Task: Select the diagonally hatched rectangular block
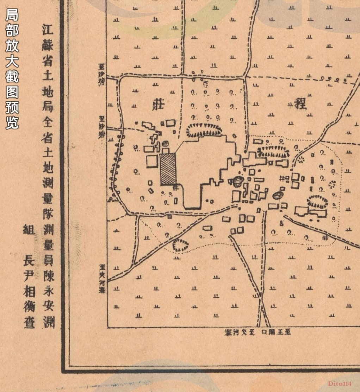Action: coord(168,169)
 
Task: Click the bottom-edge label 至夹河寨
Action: coord(240,332)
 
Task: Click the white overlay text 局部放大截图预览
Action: coord(12,69)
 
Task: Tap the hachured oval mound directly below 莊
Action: coord(204,130)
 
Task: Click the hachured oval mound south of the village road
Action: coord(180,245)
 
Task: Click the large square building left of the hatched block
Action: coord(152,162)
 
